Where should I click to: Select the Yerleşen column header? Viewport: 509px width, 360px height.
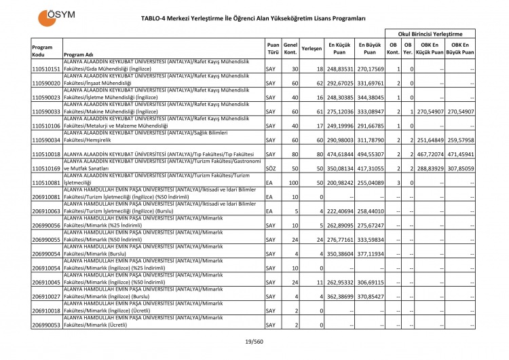tap(311, 49)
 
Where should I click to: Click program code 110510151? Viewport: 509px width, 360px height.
tap(45, 69)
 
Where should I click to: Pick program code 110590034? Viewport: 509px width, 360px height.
tap(45, 140)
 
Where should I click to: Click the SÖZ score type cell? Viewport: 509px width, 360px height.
tap(270, 168)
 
